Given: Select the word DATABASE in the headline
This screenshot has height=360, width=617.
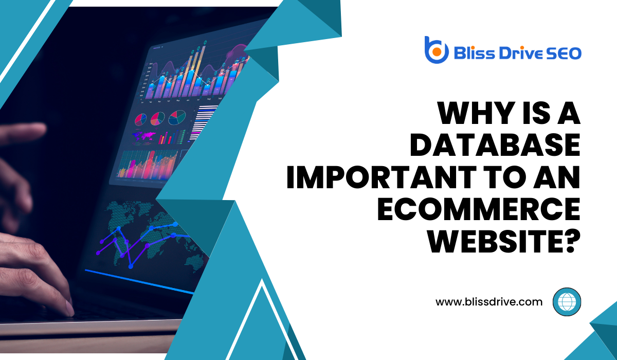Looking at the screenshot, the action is tap(495, 145).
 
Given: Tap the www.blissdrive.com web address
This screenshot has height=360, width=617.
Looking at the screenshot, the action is tap(489, 302).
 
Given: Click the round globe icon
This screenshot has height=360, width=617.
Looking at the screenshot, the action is tap(567, 302).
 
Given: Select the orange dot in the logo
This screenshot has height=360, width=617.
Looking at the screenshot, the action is tap(437, 52).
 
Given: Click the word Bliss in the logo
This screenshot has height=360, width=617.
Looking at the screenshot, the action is tap(474, 53).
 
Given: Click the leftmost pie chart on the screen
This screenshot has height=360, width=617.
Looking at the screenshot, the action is tap(140, 119).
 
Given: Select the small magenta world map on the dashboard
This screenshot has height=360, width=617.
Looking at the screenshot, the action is tap(143, 137).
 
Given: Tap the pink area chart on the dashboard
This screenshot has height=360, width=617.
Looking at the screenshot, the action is tap(147, 165).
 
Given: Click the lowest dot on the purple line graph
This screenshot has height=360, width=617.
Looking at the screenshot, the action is tap(131, 266).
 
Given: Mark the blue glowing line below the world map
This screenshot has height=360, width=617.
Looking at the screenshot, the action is tap(139, 281).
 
